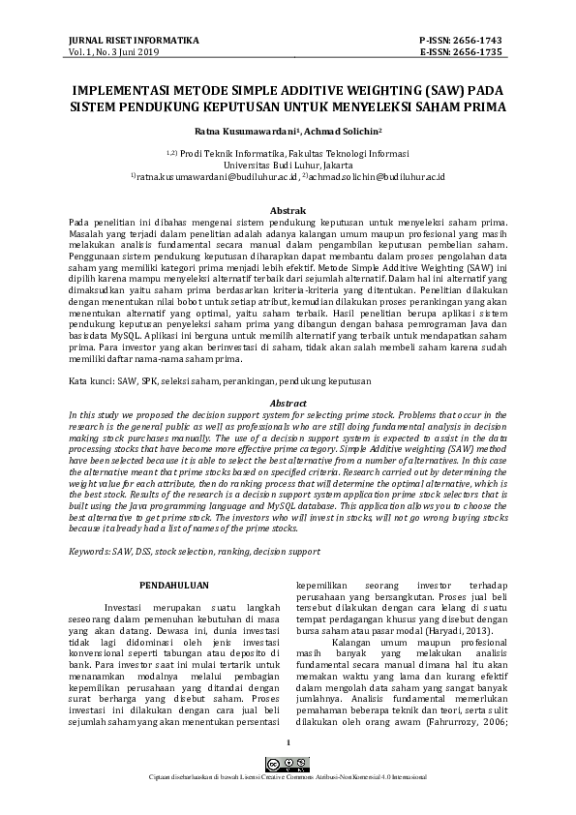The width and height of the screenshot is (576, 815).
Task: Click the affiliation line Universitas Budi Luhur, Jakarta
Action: pyautogui.click(x=288, y=166)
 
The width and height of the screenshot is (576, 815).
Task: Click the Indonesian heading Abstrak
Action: pyautogui.click(x=288, y=210)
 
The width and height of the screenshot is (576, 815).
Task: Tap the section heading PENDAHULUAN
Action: pyautogui.click(x=171, y=586)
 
